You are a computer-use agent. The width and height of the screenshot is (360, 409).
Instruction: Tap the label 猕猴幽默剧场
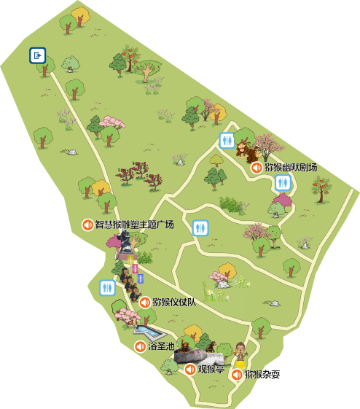pos(291,168)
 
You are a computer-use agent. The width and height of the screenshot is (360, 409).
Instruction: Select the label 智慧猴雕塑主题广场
pos(135,225)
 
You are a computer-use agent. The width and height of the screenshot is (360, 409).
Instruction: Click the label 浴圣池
pos(162,346)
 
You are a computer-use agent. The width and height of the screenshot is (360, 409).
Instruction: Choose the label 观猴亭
pos(211,369)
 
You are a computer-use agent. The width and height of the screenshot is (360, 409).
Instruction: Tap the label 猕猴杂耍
pos(262,375)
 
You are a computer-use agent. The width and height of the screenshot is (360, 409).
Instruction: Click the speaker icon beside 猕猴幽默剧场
pos(257,168)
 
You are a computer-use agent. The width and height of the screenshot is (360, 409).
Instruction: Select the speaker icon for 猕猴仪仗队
pos(145,303)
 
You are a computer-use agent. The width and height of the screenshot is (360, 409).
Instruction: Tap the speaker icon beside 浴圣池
pos(140,346)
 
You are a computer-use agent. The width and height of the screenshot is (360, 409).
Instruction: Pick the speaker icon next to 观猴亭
pos(190,369)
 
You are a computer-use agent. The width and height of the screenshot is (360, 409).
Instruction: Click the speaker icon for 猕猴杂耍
pos(237,375)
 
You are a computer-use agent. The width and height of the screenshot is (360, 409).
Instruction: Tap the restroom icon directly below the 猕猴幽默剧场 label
pos(283,184)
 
